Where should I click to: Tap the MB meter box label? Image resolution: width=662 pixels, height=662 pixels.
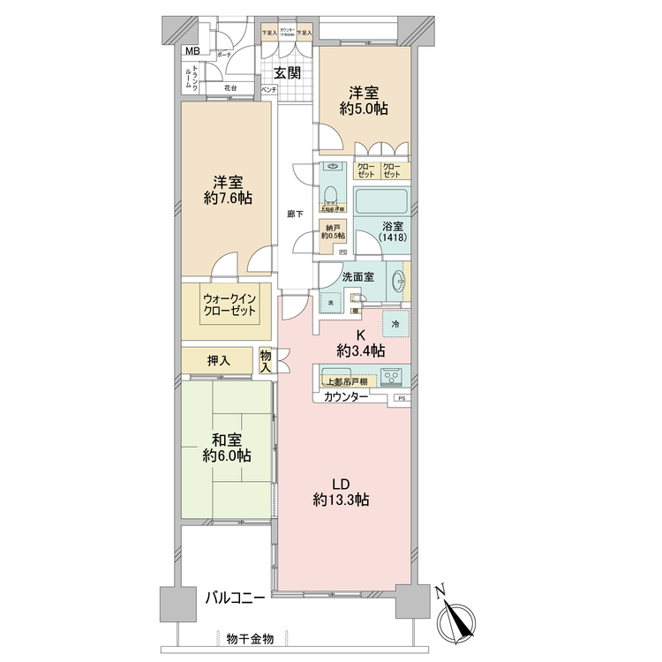pyautogui.click(x=192, y=50)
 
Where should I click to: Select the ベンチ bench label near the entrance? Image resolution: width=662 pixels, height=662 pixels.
pyautogui.click(x=268, y=90)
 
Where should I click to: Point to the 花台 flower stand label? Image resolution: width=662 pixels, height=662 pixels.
pyautogui.click(x=231, y=88)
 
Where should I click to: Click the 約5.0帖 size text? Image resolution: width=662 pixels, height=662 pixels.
pyautogui.click(x=365, y=109)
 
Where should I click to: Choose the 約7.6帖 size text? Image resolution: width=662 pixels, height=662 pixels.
pyautogui.click(x=228, y=199)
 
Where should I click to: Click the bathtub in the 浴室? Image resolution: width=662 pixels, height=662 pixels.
pyautogui.click(x=380, y=200)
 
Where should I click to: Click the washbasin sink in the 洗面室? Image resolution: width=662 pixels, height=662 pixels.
pyautogui.click(x=396, y=282)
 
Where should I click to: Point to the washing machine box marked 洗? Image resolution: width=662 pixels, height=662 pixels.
pyautogui.click(x=331, y=303)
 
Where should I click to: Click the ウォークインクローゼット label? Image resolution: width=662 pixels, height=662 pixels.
pyautogui.click(x=228, y=305)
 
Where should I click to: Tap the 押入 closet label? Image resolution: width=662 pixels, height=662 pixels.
pyautogui.click(x=218, y=360)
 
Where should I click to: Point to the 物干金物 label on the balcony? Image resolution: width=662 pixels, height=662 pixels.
pyautogui.click(x=249, y=637)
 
